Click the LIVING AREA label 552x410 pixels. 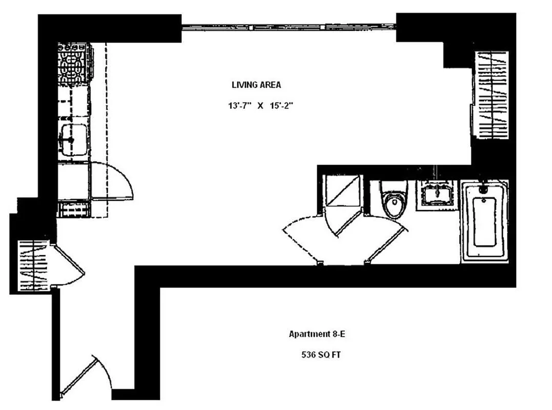[x=256, y=85]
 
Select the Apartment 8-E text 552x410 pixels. [x=320, y=334]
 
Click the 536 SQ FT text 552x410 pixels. [x=320, y=355]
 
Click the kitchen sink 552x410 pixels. [x=73, y=139]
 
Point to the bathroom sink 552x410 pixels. [x=437, y=194]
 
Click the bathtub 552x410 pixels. [x=484, y=220]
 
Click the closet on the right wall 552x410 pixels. [x=492, y=95]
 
